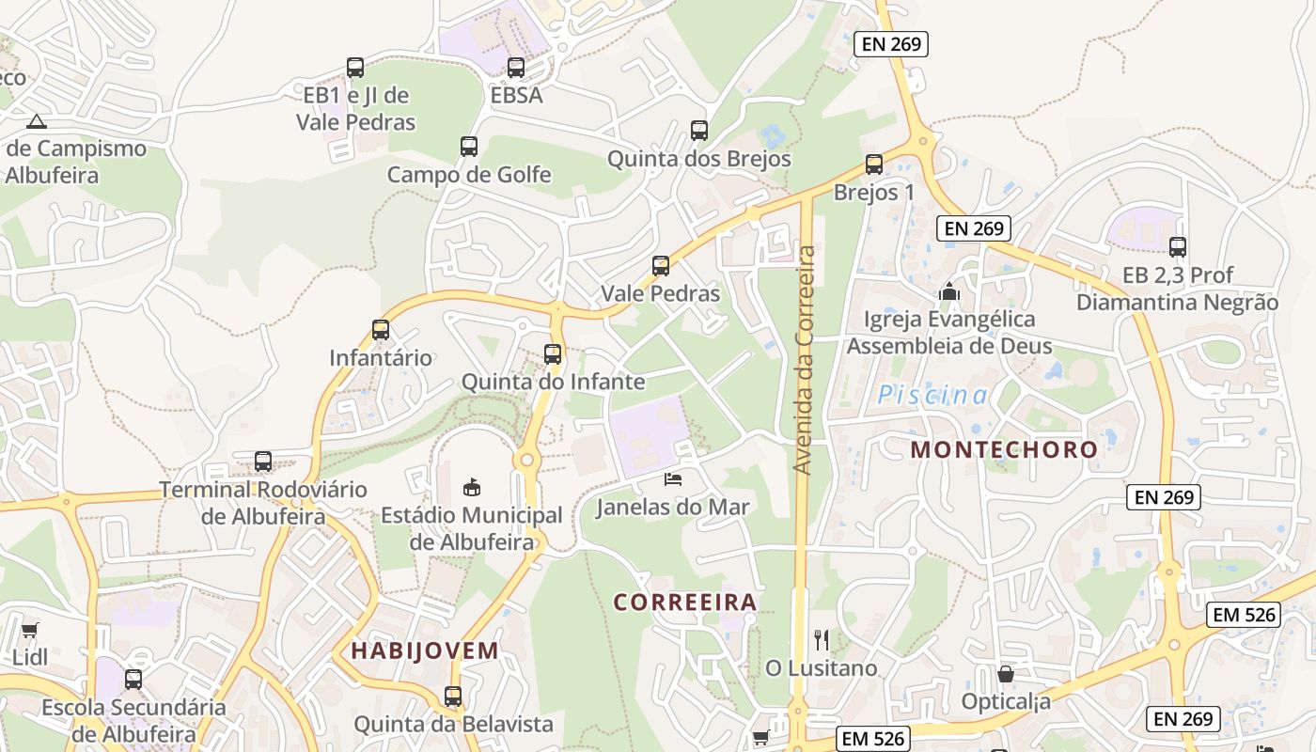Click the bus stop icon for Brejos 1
874,164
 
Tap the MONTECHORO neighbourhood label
1004,449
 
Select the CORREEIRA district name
685,602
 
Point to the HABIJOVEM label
425,650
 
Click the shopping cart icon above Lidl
30,630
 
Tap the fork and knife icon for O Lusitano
822,640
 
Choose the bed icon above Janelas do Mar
673,479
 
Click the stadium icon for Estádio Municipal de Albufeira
472,487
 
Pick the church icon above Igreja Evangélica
949,291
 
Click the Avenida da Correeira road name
803,359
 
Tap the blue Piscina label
933,396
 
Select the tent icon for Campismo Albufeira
37,120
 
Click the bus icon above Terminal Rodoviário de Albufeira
263,462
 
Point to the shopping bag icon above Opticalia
1005,674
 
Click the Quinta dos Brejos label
699,159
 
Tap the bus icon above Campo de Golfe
469,147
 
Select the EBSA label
516,95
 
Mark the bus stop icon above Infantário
381,330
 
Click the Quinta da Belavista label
453,725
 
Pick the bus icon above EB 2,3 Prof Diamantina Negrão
1178,247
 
